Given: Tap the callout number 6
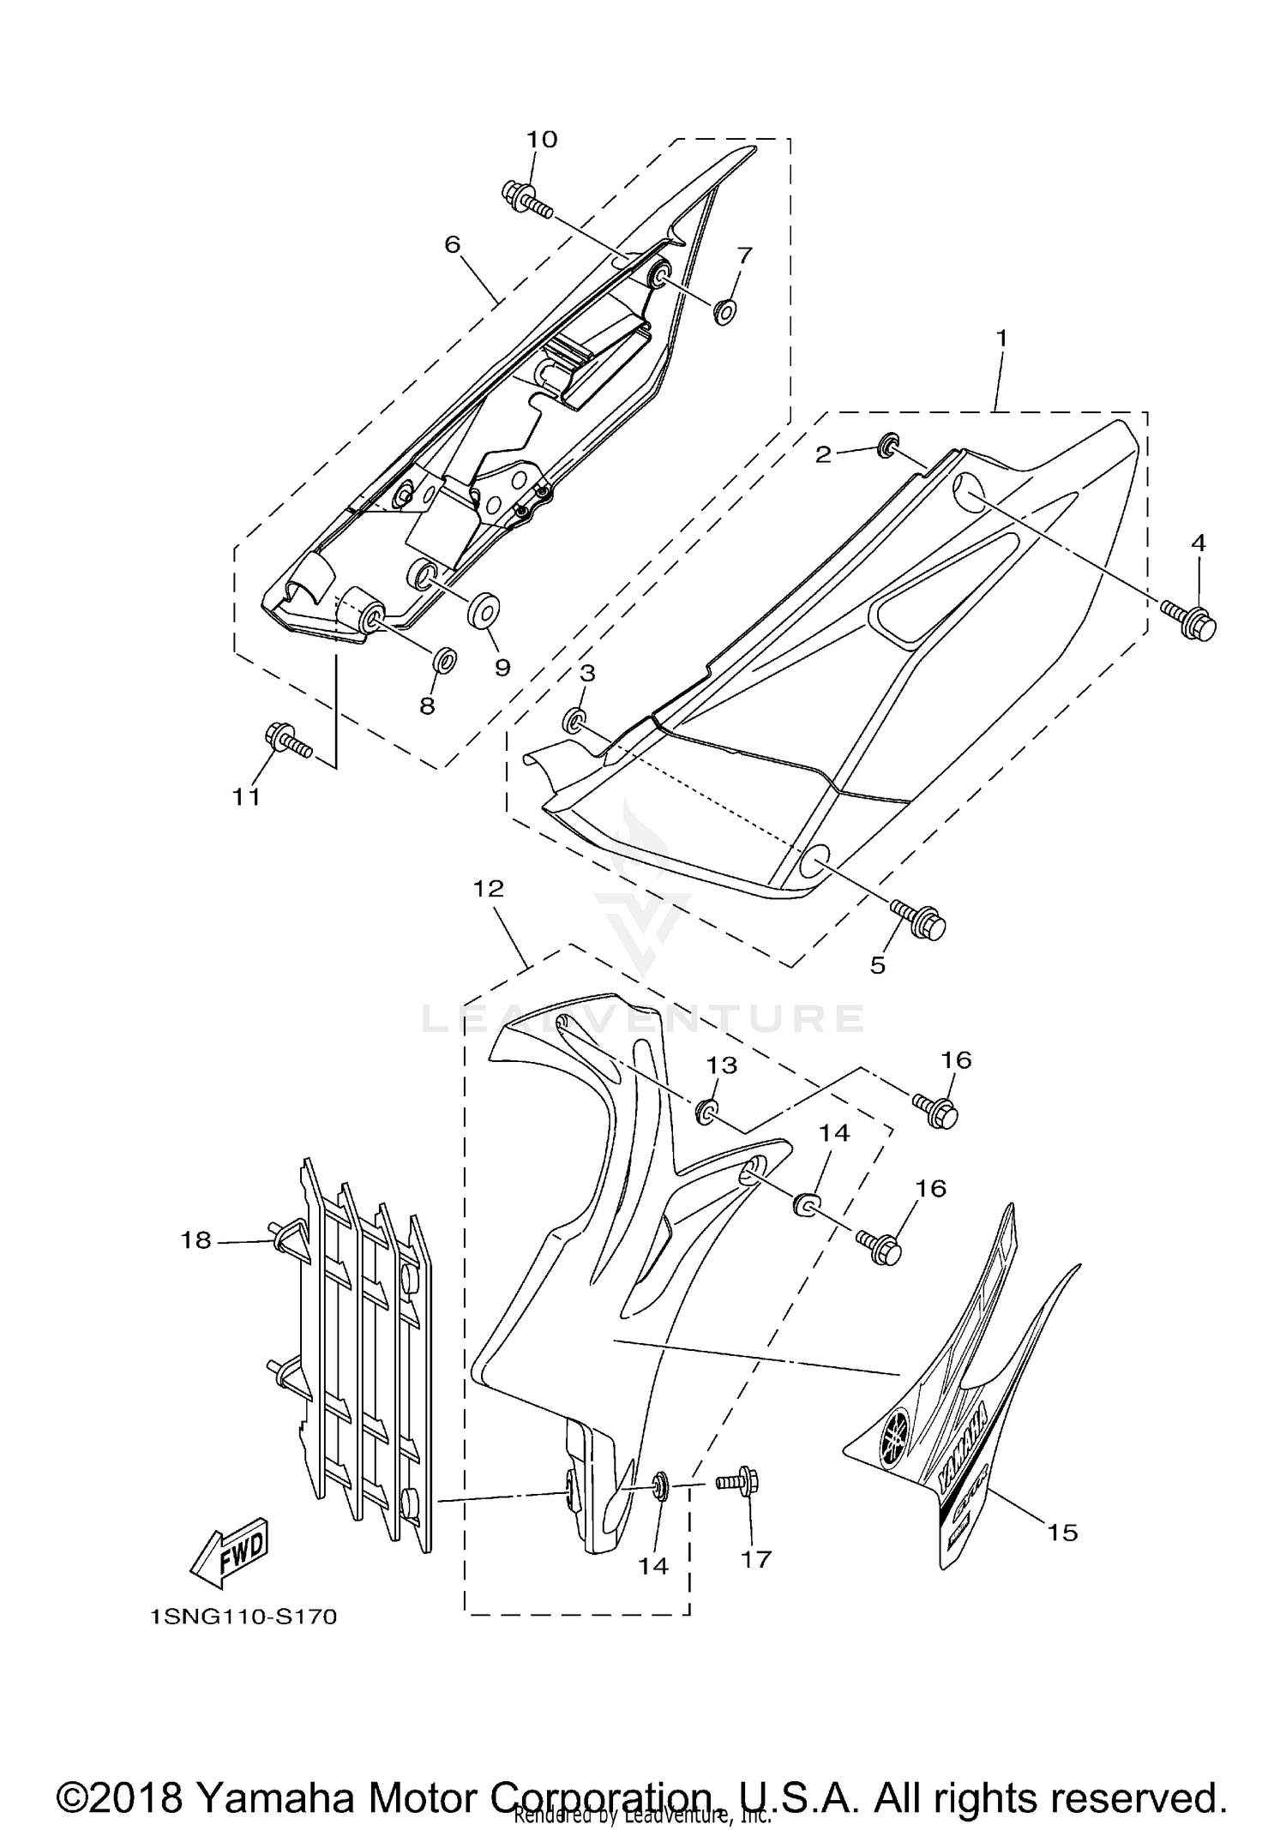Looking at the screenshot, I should pyautogui.click(x=452, y=244).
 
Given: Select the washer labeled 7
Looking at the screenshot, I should pyautogui.click(x=724, y=311).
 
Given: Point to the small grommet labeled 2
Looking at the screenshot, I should pyautogui.click(x=888, y=443).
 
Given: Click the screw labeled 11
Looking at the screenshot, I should pyautogui.click(x=286, y=740).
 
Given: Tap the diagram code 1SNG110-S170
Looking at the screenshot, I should pyautogui.click(x=243, y=1617).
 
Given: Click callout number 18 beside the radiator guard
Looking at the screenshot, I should pyautogui.click(x=195, y=1239).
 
